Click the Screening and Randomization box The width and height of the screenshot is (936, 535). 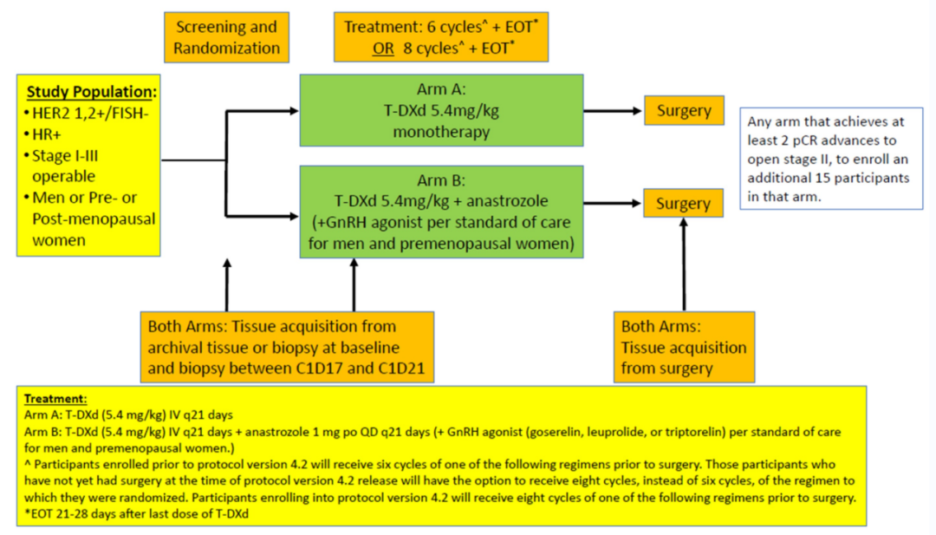coord(226,37)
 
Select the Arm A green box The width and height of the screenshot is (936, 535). coord(440,111)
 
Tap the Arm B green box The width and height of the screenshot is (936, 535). coord(440,213)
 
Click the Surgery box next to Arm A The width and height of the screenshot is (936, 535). coord(684,111)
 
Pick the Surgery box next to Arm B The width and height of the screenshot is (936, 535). coord(684,205)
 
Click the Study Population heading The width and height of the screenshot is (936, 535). coord(92,92)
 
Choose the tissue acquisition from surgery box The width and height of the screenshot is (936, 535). coord(684,347)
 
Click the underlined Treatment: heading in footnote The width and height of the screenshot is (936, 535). coord(55,399)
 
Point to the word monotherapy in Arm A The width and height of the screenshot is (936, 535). coord(440,132)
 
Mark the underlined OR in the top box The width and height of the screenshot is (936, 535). coord(384,48)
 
